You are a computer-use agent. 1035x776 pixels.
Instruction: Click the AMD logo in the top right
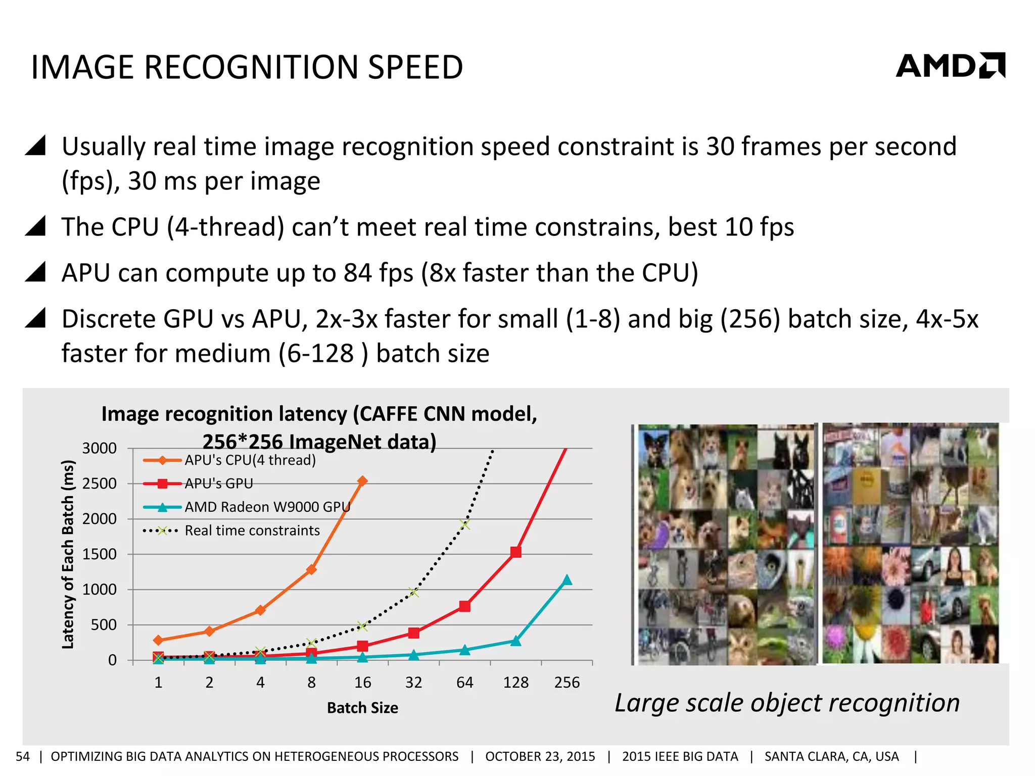coord(950,66)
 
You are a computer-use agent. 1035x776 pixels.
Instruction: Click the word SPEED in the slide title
coord(415,67)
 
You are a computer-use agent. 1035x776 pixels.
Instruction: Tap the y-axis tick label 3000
coord(100,448)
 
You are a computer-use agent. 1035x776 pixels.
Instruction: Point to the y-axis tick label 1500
coord(100,554)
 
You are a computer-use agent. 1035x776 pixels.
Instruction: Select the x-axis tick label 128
coord(515,683)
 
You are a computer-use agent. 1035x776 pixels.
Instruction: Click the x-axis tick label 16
coord(362,683)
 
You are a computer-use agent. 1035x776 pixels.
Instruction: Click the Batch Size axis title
coord(362,708)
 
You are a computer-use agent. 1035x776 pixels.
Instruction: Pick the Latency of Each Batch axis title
coord(68,554)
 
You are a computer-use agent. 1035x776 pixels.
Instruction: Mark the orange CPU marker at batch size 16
coord(362,481)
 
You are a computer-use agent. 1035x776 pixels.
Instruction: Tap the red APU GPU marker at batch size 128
coord(515,552)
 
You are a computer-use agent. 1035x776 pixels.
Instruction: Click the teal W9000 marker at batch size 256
coord(567,580)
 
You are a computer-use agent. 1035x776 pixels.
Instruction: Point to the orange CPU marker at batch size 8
coord(311,570)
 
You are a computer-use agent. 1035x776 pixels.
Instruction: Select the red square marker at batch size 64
coord(464,606)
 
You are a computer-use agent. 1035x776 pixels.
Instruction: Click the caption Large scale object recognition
coord(787,703)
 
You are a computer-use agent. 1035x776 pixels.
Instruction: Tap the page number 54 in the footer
coord(23,756)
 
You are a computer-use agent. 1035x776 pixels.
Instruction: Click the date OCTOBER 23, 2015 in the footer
coord(540,756)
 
